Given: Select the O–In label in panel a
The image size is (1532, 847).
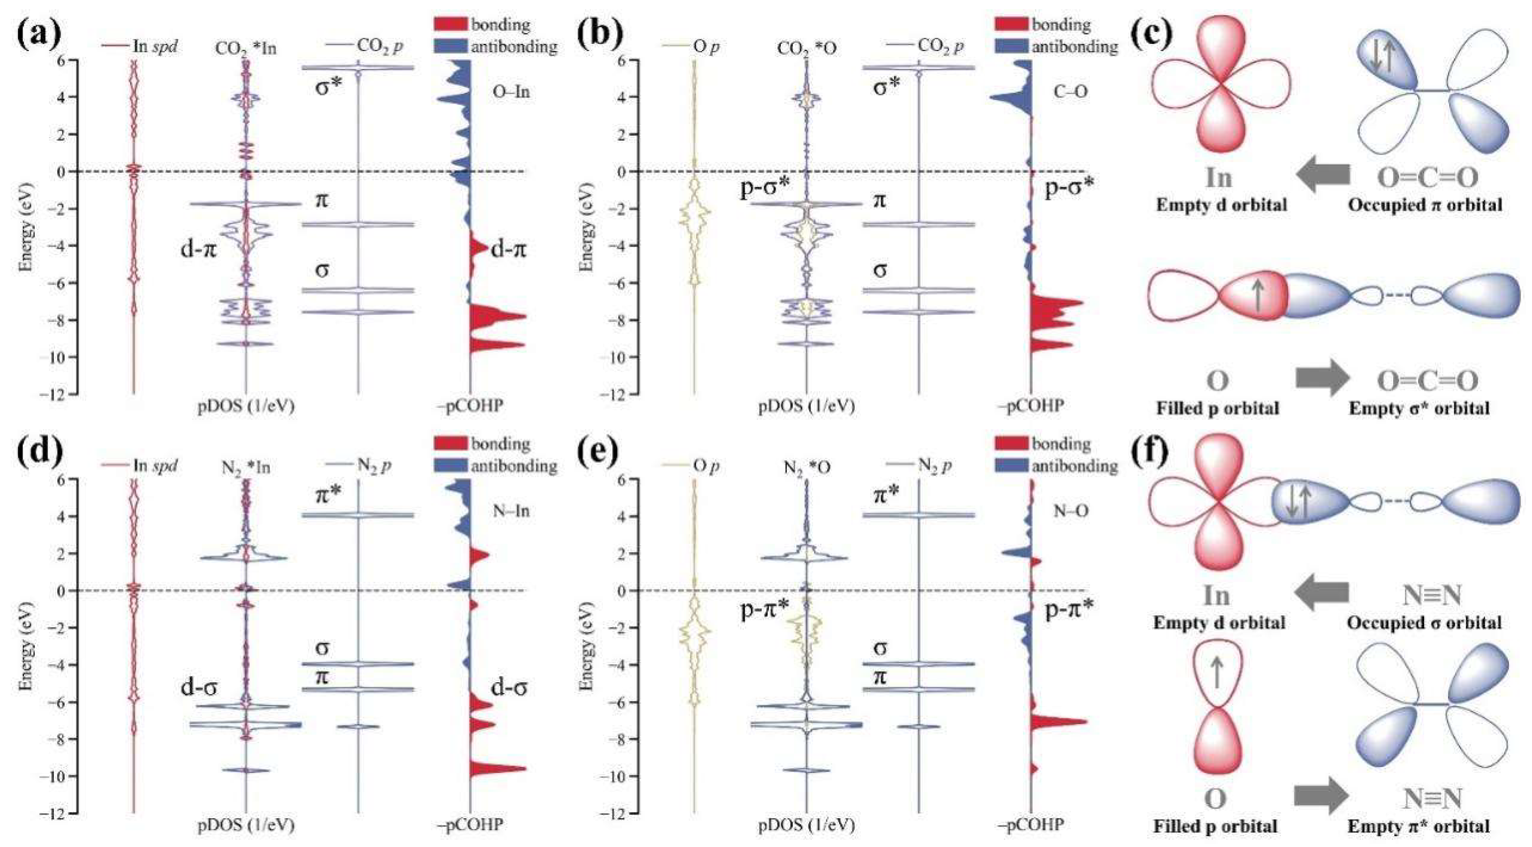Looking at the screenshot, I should click(x=511, y=92).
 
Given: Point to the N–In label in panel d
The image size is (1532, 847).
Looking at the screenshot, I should click(x=511, y=511).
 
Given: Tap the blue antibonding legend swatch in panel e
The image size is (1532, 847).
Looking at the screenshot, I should click(x=1011, y=465).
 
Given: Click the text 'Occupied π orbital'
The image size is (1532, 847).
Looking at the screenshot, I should click(x=1424, y=205).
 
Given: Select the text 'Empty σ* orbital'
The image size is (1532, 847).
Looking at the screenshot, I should click(x=1419, y=409).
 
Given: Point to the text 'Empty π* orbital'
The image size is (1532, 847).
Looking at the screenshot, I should click(x=1419, y=826).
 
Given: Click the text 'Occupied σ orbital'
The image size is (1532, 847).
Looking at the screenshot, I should click(x=1424, y=623).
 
